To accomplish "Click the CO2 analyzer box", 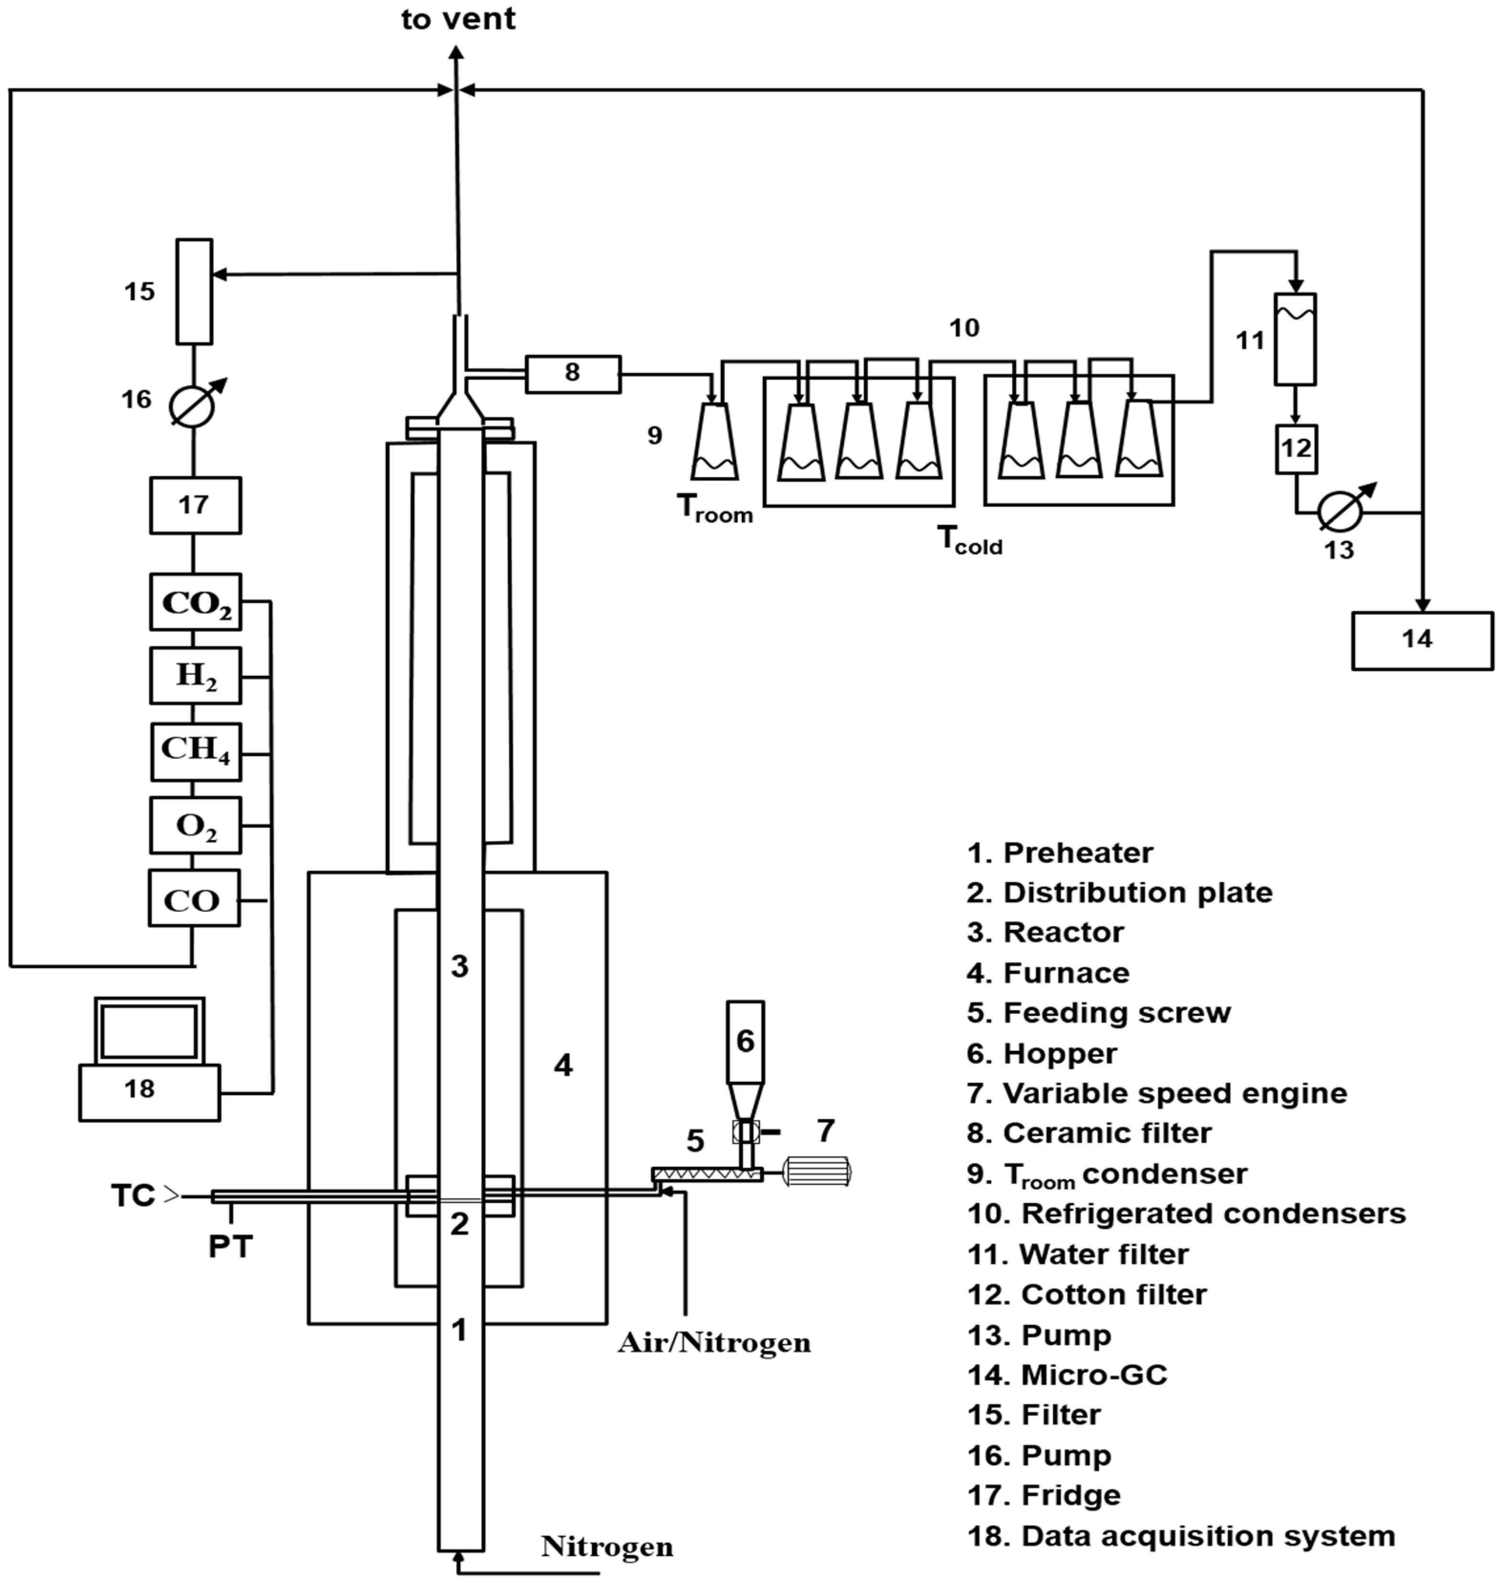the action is coord(195,601).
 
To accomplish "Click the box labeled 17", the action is coord(195,505).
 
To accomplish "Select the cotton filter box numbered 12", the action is coord(1295,449).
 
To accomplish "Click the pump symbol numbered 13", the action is coord(1340,511).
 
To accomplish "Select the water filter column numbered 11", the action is coord(1295,339).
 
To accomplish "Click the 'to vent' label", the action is coord(458,19).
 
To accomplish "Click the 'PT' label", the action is coord(230,1246).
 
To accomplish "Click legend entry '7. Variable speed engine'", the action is coord(1157,1092).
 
